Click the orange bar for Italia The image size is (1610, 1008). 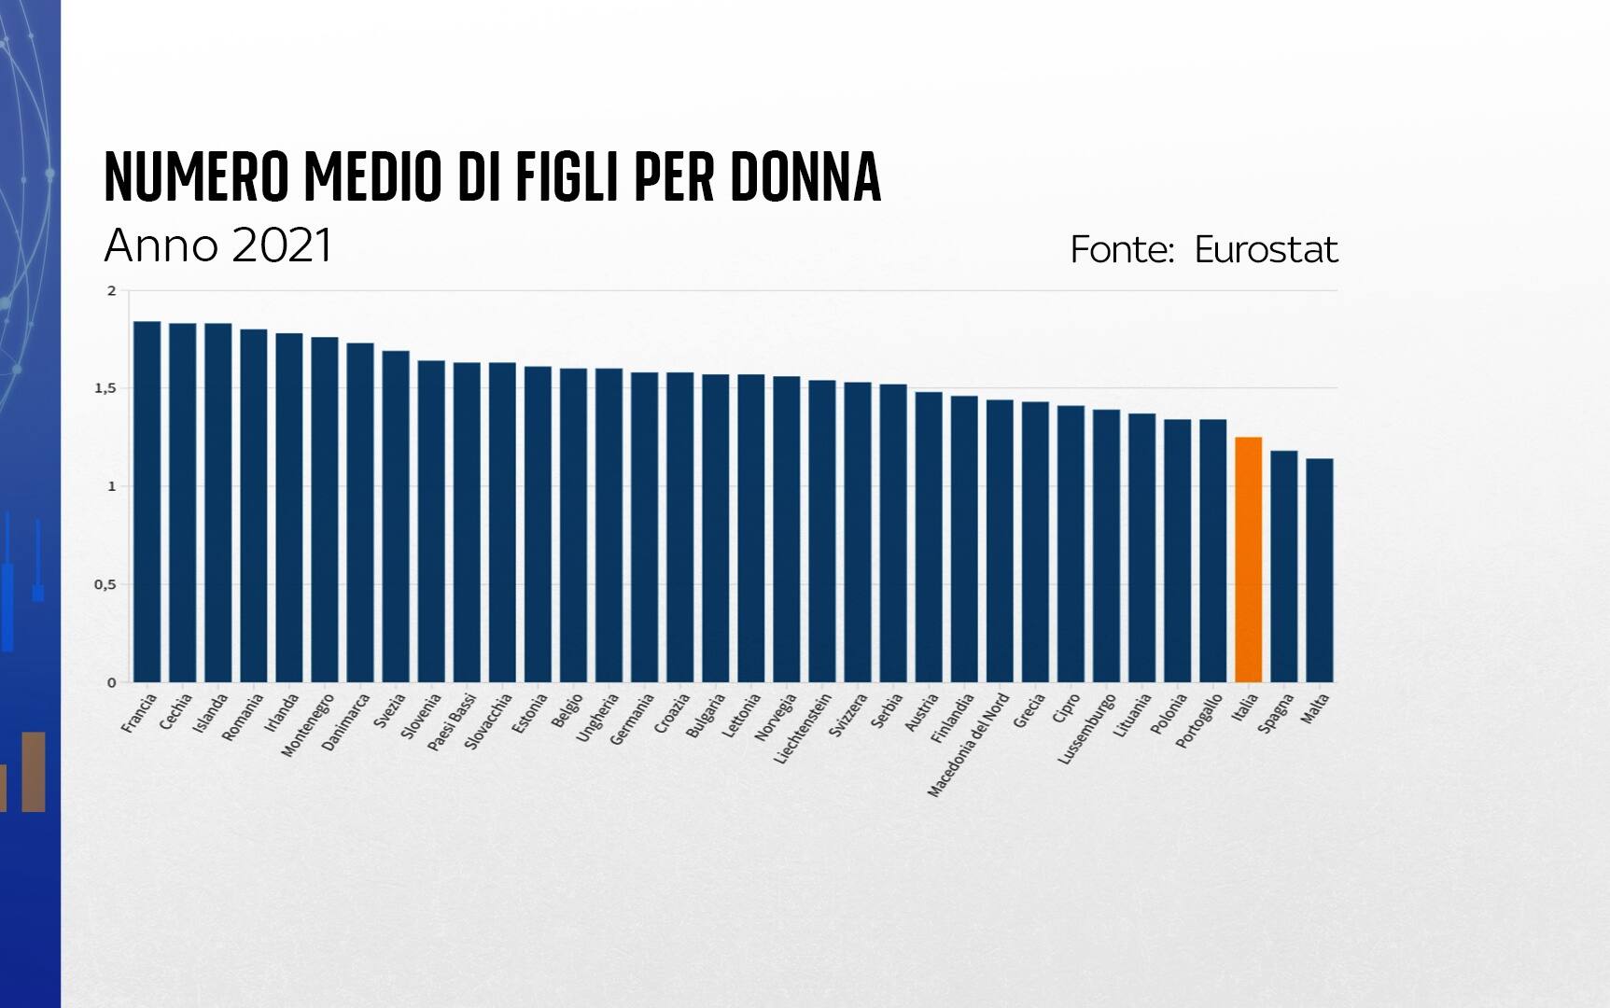[1248, 560]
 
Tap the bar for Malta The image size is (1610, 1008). [1319, 570]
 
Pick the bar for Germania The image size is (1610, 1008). [644, 527]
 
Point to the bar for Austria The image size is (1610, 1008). [929, 537]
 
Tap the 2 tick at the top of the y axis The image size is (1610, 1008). [112, 291]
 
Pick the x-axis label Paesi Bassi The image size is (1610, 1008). [453, 722]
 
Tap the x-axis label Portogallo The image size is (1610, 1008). [1199, 721]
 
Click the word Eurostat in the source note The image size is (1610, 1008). [1266, 249]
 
